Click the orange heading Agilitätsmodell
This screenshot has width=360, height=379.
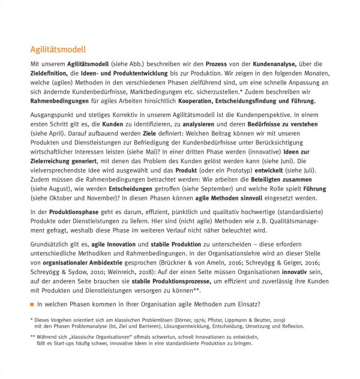(58, 50)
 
